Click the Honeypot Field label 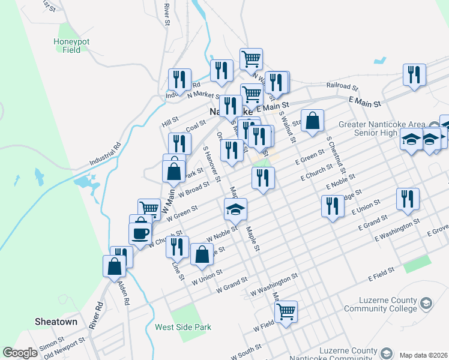[x=71, y=46]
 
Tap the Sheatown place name [x=56, y=322]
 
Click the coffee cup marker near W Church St [x=140, y=233]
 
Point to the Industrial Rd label [x=106, y=155]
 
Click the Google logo [x=20, y=353]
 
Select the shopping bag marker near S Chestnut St [x=312, y=121]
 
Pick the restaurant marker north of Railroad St [x=414, y=75]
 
